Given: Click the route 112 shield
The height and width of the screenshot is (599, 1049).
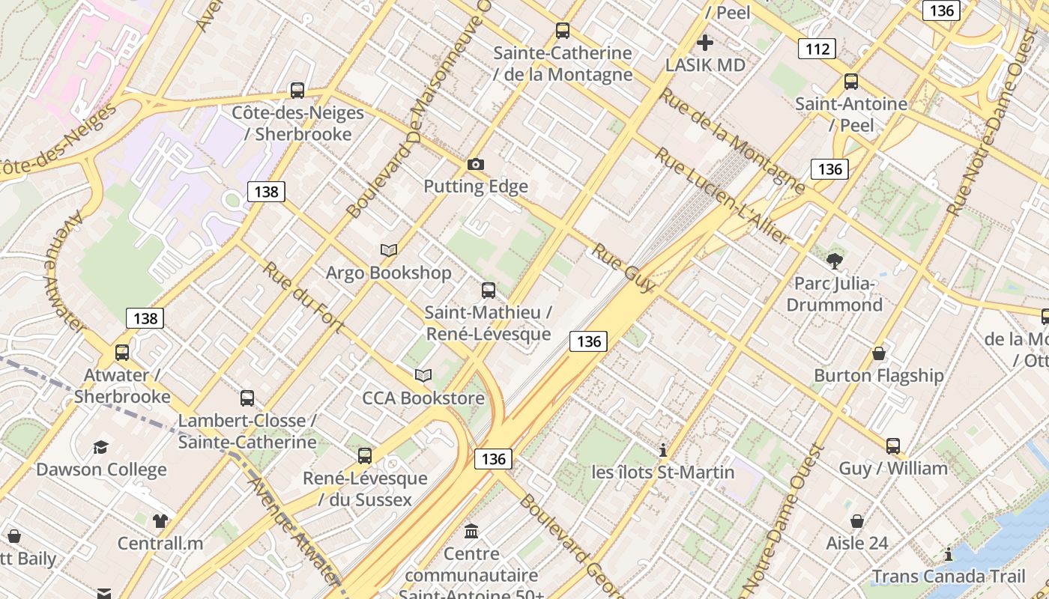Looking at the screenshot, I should (816, 49).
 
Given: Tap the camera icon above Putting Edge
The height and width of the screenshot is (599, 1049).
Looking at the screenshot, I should (476, 164).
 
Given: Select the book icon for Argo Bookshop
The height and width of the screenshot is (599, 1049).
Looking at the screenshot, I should (389, 250).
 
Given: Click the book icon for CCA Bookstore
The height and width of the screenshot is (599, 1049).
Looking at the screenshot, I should (423, 375).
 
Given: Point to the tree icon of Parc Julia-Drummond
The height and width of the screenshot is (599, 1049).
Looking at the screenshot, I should (835, 261).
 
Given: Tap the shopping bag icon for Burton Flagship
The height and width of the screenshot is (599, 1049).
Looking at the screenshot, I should (879, 353).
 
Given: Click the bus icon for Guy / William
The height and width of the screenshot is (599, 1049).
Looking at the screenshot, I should (893, 446).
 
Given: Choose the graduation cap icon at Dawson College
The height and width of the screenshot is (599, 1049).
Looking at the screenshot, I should (100, 447).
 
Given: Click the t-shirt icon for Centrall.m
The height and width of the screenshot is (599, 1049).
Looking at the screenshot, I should (160, 520).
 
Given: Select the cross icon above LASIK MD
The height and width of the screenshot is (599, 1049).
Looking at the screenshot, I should (705, 42).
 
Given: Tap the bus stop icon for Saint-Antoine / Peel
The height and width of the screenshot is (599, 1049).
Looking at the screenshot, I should (851, 82).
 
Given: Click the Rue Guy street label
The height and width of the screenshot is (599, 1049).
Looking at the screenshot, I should (623, 268).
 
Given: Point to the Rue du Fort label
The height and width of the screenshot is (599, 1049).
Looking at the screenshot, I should (303, 297).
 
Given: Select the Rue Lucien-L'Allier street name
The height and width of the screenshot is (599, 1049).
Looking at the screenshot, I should (723, 197).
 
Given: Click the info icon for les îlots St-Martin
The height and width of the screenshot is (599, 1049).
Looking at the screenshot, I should (662, 450).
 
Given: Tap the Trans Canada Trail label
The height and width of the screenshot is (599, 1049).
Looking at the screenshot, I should (949, 577).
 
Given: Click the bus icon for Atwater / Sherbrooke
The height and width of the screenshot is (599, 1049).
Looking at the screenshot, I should (122, 352).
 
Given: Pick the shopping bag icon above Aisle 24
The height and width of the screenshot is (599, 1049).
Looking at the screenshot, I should (857, 520).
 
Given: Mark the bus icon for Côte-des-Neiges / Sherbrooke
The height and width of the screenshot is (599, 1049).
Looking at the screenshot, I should (297, 91).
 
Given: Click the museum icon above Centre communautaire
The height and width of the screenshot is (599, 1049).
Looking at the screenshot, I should (471, 532).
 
